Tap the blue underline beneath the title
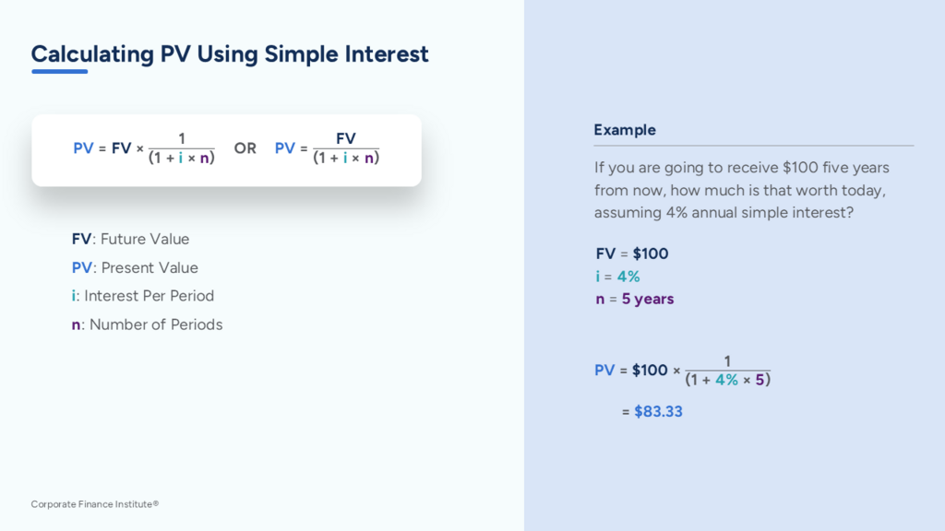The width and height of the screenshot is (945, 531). (60, 72)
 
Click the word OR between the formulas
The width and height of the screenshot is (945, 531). (245, 148)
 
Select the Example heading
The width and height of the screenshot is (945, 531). (625, 130)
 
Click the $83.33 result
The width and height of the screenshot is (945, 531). (658, 411)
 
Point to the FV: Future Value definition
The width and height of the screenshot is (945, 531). (130, 239)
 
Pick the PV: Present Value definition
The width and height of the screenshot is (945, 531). (135, 267)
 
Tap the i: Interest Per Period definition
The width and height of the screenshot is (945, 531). (143, 296)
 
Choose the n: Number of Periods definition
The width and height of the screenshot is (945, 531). (147, 324)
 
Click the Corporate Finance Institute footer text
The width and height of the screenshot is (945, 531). (95, 504)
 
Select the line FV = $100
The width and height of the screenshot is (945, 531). (632, 254)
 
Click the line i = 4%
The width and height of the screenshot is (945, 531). (617, 277)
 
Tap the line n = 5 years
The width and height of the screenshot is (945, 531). (635, 299)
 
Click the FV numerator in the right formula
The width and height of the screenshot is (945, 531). (346, 138)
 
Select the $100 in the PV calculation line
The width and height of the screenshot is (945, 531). (650, 371)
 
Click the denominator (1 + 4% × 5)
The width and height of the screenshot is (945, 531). (727, 380)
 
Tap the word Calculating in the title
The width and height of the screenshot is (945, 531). (93, 54)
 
